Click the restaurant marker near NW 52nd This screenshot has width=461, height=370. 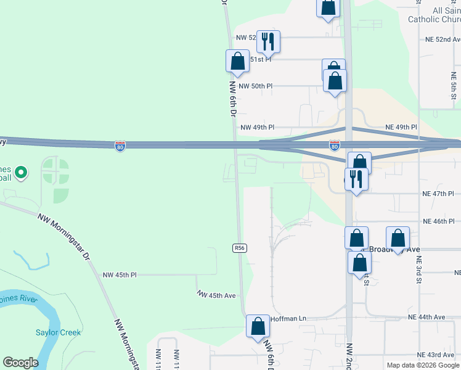[x=268, y=41]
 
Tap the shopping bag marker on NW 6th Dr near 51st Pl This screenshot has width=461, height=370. [x=237, y=60]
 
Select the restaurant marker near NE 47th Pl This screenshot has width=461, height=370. [x=356, y=179]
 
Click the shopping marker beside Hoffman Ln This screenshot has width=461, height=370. [x=258, y=326]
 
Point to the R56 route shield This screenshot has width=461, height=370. [x=240, y=248]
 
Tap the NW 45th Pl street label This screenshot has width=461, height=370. [x=120, y=275]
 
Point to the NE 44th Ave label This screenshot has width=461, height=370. [x=426, y=317]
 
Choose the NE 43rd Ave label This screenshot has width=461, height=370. [x=435, y=355]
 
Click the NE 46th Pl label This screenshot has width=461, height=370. [x=438, y=221]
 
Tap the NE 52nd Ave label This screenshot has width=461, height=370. [x=443, y=39]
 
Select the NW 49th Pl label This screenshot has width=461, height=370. [x=257, y=128]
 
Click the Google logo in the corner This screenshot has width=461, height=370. [x=20, y=363]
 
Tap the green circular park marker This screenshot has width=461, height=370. [x=20, y=173]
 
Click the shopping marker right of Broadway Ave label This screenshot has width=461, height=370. [x=398, y=238]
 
